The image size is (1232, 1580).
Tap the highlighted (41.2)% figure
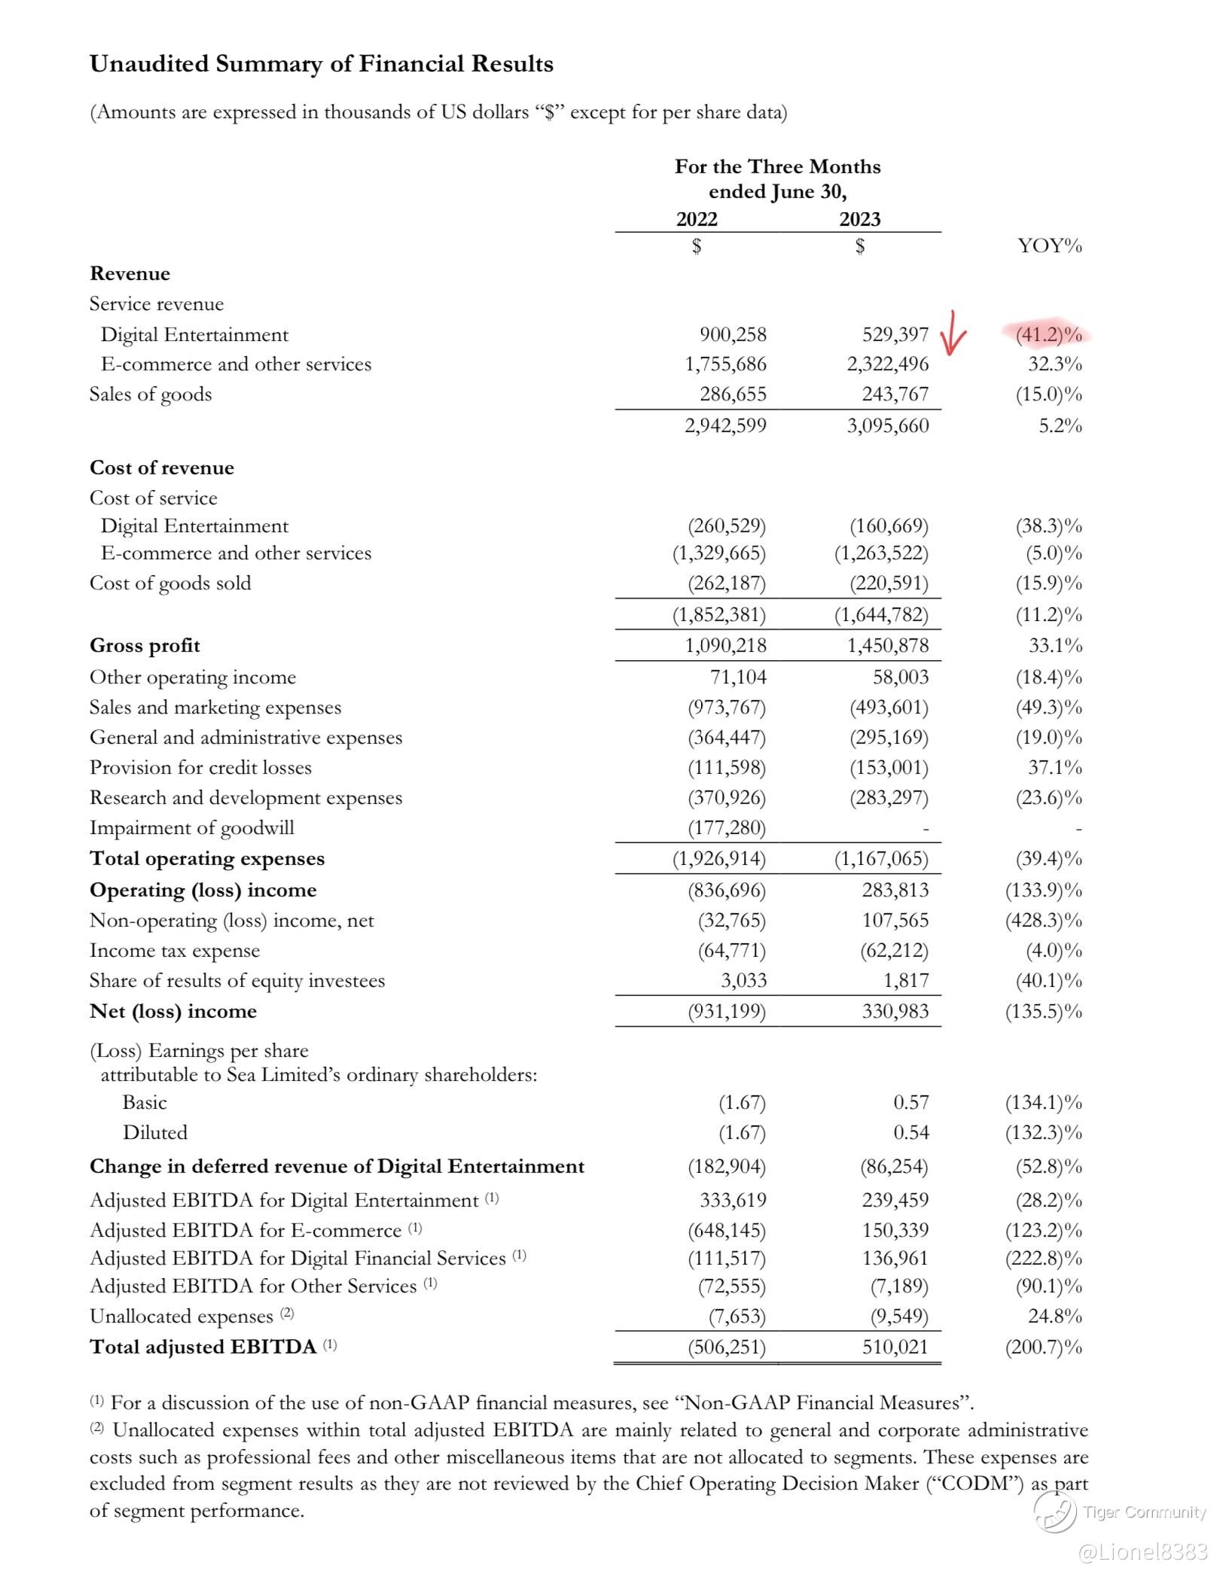tap(1048, 334)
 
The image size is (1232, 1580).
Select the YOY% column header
tap(1049, 245)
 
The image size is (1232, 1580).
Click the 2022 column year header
tap(697, 219)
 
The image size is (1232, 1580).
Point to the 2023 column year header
tap(860, 219)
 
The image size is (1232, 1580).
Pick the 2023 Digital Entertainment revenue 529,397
tap(895, 334)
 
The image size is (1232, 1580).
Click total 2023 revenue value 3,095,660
tap(888, 426)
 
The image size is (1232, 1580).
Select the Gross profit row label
tap(145, 646)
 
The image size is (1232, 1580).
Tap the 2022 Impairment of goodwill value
tap(727, 828)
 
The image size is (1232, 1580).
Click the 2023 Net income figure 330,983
tap(895, 1012)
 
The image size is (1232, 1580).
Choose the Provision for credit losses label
tap(200, 768)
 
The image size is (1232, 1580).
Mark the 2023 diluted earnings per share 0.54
tap(911, 1133)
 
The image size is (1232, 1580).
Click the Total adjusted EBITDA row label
tap(203, 1347)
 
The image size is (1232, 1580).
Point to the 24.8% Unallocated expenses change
tap(1055, 1317)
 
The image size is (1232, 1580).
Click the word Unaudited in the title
tap(149, 64)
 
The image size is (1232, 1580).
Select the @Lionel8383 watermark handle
tap(1143, 1552)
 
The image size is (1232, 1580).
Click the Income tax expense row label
tap(175, 951)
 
